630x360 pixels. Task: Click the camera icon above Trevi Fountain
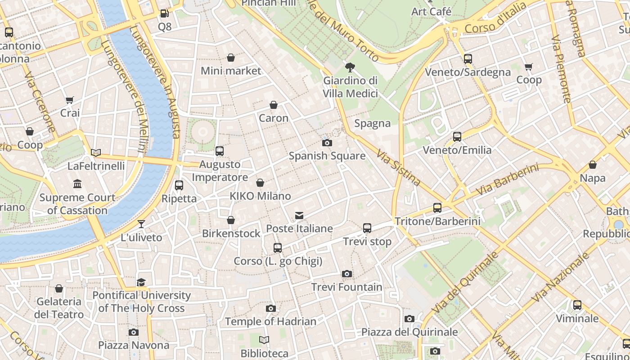[346, 274]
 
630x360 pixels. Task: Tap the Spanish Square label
[327, 156]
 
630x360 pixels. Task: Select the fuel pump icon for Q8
[165, 14]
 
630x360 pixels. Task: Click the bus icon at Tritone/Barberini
[437, 207]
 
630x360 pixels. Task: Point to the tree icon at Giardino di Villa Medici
[350, 67]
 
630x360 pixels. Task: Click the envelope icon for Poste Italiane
[299, 216]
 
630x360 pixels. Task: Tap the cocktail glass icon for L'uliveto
[141, 224]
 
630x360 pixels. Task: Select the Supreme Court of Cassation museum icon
[77, 184]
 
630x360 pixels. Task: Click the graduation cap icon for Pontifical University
[141, 282]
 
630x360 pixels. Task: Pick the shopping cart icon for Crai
[69, 100]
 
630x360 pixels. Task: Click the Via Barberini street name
[507, 180]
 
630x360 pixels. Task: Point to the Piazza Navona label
[134, 345]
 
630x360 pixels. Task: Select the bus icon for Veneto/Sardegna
[468, 59]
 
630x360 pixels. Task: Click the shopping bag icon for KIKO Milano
[260, 183]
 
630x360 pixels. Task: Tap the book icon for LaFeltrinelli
[95, 153]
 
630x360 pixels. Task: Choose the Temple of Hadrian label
[270, 321]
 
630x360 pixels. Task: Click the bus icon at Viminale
[577, 305]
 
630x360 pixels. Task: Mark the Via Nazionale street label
[560, 277]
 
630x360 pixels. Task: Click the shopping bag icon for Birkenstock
[231, 220]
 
